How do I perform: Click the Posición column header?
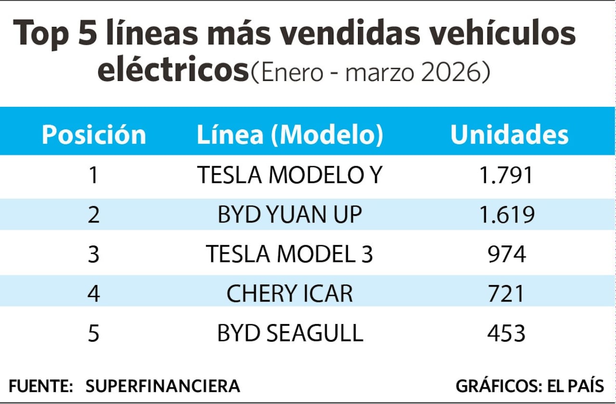[x=94, y=135]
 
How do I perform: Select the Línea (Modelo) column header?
[x=290, y=135]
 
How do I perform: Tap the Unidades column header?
[x=509, y=135]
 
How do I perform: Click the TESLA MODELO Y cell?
[x=290, y=175]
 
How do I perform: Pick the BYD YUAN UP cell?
[x=290, y=214]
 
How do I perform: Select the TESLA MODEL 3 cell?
[x=290, y=254]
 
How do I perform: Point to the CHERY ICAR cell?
[x=290, y=293]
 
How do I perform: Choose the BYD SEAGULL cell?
[x=290, y=333]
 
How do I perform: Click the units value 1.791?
[x=506, y=175]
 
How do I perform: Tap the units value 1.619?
[x=506, y=214]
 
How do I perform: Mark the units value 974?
[x=506, y=254]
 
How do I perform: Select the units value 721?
[x=506, y=293]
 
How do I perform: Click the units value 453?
[x=506, y=333]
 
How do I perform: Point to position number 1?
[x=93, y=175]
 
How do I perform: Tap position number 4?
[x=93, y=293]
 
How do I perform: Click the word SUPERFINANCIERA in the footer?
[x=163, y=386]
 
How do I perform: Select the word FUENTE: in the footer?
[x=41, y=386]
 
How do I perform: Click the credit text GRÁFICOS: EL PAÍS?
[x=529, y=386]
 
